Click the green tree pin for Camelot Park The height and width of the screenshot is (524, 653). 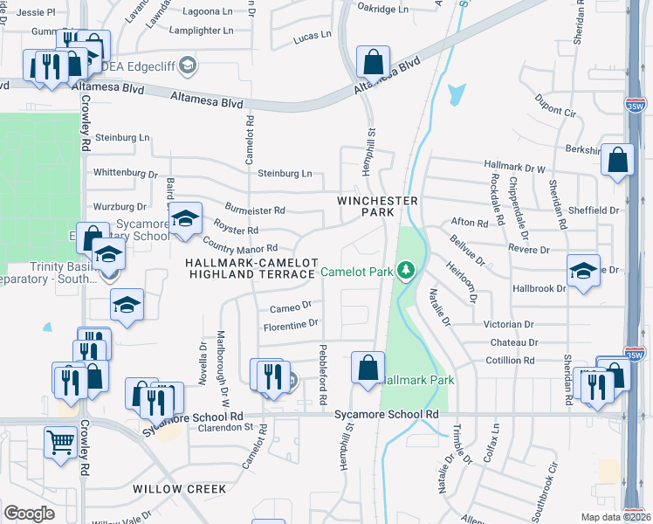click(405, 271)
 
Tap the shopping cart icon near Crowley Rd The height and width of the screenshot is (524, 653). click(61, 441)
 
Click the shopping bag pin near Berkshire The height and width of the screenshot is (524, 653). click(617, 161)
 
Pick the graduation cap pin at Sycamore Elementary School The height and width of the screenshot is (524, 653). click(185, 220)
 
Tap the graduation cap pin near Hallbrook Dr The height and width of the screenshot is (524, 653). click(583, 271)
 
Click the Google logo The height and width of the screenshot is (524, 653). click(29, 513)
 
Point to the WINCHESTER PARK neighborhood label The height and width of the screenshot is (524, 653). click(378, 206)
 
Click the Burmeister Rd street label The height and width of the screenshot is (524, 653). click(255, 210)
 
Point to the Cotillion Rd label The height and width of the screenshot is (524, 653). click(511, 360)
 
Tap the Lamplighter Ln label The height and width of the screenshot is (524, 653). click(202, 30)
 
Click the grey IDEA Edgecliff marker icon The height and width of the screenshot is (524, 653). click(189, 66)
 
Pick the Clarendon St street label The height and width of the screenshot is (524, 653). click(229, 428)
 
